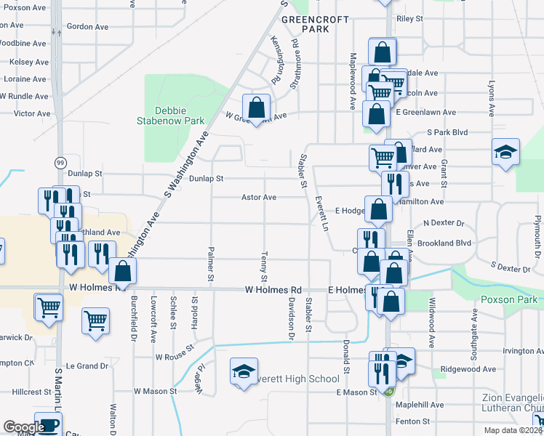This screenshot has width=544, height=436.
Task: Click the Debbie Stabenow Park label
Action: (170, 116)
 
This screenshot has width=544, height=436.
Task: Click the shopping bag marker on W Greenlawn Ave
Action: (256, 108)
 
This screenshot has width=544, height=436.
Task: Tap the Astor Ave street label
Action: (259, 198)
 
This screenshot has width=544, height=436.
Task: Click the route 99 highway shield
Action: (60, 161)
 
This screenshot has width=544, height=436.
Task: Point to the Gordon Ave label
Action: (87, 27)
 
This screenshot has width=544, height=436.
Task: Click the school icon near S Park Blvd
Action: (505, 152)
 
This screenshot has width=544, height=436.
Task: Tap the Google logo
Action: (23, 427)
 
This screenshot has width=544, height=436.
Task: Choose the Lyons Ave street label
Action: (491, 99)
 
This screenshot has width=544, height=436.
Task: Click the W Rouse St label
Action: (175, 352)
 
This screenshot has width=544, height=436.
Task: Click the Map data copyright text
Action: (513, 430)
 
